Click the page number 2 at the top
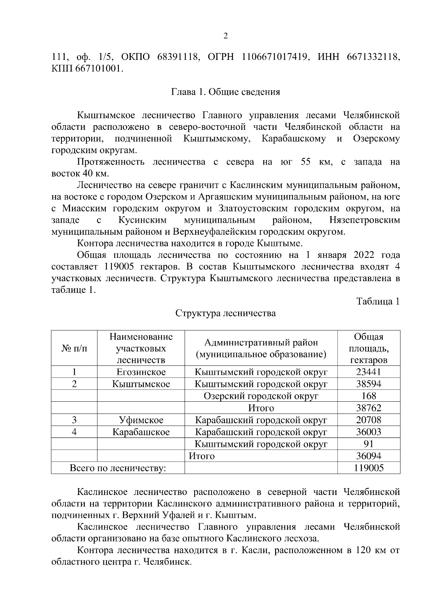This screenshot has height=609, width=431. (225, 36)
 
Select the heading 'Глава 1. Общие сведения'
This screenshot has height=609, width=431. (225, 92)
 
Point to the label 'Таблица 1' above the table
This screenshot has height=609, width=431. (378, 301)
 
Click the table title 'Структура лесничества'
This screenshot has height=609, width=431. (225, 313)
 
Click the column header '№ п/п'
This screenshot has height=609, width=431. (74, 348)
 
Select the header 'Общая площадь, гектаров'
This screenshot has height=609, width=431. (369, 348)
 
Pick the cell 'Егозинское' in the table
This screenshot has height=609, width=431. (141, 372)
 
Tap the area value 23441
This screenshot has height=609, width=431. (369, 372)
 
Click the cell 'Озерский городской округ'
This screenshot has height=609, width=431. (261, 396)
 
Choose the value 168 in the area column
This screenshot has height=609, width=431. (369, 396)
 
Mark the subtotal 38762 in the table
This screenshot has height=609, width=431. (369, 408)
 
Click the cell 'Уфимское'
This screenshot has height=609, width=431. (141, 420)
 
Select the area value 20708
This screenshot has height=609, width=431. (369, 420)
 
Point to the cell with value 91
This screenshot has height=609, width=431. (369, 444)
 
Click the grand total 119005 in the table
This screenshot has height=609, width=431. (369, 468)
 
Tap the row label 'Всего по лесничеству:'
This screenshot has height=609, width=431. (117, 468)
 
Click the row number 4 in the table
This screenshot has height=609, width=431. (74, 432)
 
